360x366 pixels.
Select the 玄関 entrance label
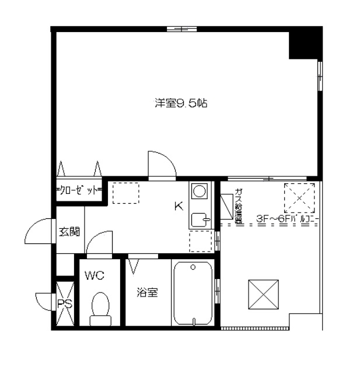point(68,231)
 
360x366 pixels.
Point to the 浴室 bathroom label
point(147,292)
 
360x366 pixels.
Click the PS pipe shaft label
point(65,303)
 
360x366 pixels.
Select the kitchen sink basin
point(200,221)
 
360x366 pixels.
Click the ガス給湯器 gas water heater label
point(239,206)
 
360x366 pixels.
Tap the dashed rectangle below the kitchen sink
point(200,241)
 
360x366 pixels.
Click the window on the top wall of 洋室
point(181,29)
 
